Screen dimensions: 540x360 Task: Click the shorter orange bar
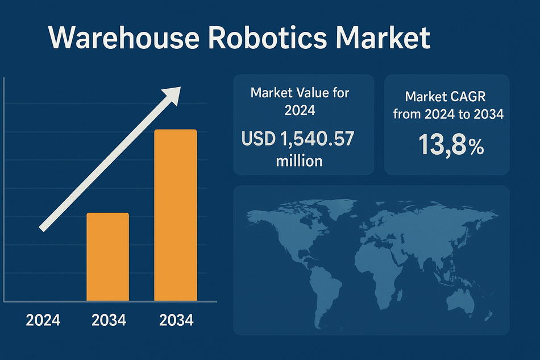108,257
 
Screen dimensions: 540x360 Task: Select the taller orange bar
176,216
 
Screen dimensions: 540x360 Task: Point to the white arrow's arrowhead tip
180,87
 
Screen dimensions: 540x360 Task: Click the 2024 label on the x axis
43,320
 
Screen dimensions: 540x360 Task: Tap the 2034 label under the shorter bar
109,320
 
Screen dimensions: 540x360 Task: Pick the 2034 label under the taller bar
176,320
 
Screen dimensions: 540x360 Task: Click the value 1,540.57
317,139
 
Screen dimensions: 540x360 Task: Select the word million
299,161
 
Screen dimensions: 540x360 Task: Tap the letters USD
259,139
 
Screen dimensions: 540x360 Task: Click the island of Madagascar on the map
400,295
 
